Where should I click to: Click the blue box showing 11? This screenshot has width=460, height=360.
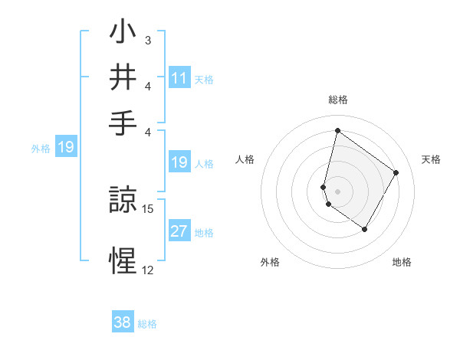click(179, 78)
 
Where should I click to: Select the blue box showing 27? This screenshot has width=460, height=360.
click(179, 231)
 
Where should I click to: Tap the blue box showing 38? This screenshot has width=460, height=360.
click(123, 323)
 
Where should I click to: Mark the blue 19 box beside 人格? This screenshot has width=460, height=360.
click(179, 162)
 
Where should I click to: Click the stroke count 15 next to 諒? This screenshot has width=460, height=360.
click(149, 208)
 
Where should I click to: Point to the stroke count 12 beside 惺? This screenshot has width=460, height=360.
click(147, 270)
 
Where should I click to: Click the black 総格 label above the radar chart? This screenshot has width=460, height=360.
click(337, 100)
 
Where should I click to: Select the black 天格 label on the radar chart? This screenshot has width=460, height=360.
click(431, 159)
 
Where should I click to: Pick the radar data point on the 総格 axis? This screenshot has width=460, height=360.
click(337, 130)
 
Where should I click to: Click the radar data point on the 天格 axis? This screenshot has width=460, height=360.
click(396, 172)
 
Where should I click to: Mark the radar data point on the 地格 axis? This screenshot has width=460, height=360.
click(365, 229)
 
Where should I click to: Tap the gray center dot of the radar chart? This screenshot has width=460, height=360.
click(337, 191)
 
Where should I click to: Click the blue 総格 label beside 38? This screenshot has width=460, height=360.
click(147, 324)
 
